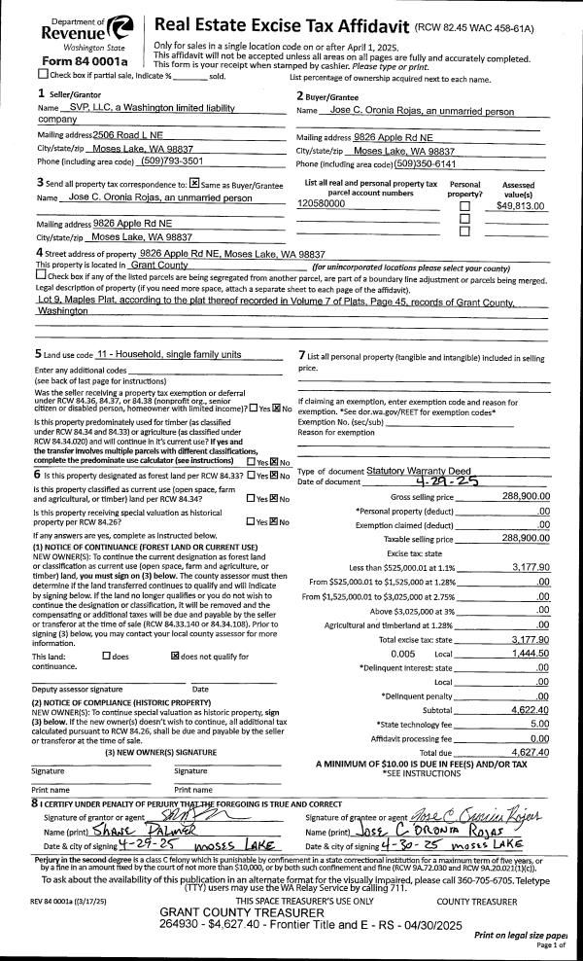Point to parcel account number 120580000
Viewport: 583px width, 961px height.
tap(322, 205)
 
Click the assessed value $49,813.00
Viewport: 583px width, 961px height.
tap(520, 205)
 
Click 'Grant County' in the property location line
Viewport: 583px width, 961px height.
tap(158, 265)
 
